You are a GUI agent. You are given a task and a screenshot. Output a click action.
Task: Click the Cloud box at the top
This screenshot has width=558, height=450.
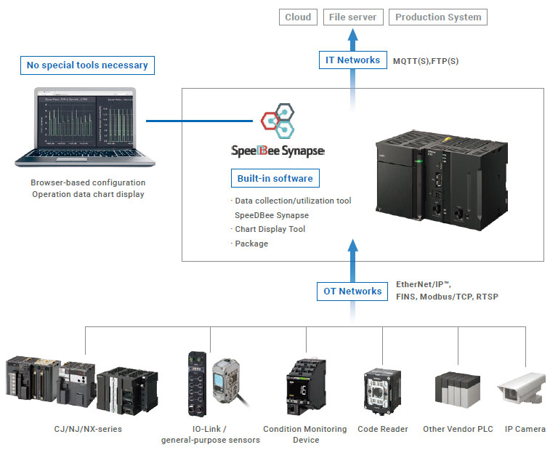click(299, 17)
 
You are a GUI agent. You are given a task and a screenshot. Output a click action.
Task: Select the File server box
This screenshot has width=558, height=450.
click(352, 17)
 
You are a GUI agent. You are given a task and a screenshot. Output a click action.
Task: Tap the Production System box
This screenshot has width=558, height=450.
click(437, 17)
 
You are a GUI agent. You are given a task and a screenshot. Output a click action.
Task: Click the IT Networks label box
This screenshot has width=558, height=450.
click(352, 60)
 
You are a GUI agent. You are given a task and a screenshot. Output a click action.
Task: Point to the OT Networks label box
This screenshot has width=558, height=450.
click(352, 292)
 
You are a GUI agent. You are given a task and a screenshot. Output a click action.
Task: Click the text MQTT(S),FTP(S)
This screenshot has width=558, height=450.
click(426, 61)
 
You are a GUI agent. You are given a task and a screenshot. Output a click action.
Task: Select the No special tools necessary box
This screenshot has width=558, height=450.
click(87, 65)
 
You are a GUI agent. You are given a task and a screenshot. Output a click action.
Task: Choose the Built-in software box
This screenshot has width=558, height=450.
click(275, 179)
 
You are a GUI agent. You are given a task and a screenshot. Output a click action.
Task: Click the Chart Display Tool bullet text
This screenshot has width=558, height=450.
click(270, 229)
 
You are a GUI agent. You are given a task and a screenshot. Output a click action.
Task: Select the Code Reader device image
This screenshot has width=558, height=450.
click(382, 393)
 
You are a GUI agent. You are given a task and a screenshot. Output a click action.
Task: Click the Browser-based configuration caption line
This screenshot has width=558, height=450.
click(88, 182)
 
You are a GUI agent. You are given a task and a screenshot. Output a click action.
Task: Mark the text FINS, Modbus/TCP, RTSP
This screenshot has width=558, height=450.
click(447, 297)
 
